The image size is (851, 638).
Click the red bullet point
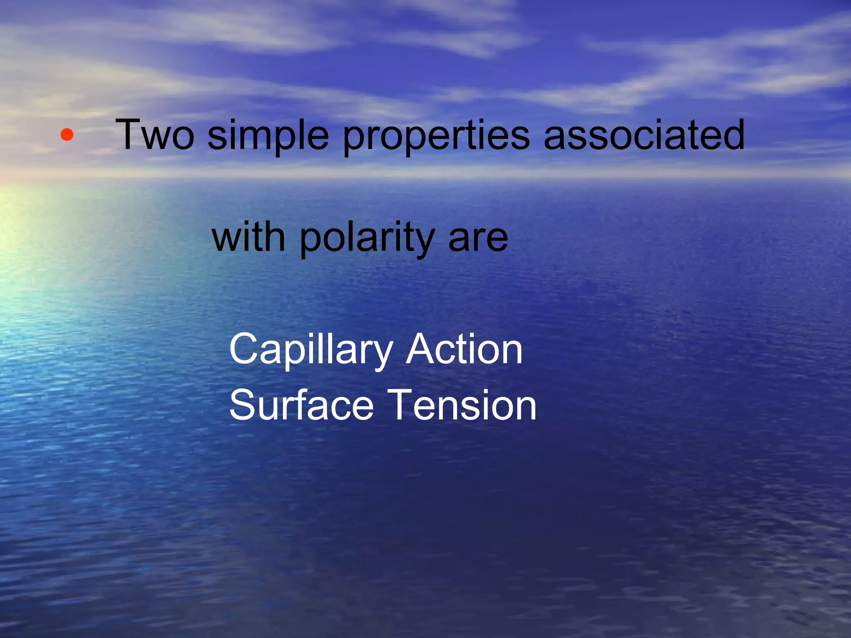(x=67, y=135)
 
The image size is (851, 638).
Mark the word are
(x=478, y=239)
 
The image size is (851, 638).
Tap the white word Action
(x=464, y=350)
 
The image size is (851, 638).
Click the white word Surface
(x=301, y=405)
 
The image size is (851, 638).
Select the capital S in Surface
(x=243, y=405)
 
